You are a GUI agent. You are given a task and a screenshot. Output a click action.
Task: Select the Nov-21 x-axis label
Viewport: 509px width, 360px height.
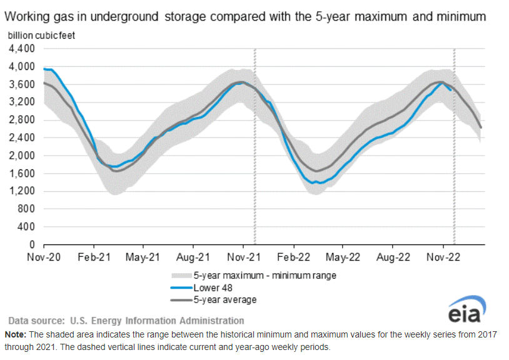[243, 257]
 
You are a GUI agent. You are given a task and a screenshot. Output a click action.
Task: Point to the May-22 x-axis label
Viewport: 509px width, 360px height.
[343, 257]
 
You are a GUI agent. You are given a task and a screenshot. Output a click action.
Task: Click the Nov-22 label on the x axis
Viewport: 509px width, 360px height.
[443, 257]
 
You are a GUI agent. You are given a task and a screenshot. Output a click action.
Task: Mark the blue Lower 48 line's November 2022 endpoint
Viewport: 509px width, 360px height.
[451, 90]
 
